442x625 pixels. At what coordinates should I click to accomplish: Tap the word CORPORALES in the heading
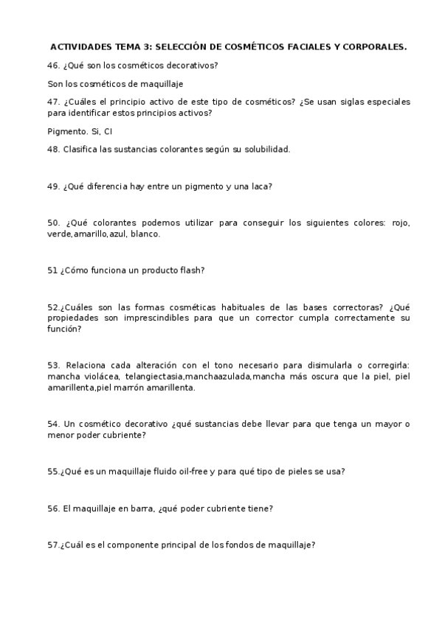(x=374, y=46)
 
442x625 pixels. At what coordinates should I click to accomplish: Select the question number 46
(x=52, y=66)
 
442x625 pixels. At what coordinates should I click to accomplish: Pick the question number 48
(x=52, y=149)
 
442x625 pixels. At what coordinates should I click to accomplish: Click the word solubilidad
(x=266, y=149)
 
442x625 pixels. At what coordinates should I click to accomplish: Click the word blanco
(x=145, y=234)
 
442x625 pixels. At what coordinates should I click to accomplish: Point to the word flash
(x=190, y=270)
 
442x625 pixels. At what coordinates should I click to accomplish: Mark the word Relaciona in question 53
(x=86, y=366)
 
